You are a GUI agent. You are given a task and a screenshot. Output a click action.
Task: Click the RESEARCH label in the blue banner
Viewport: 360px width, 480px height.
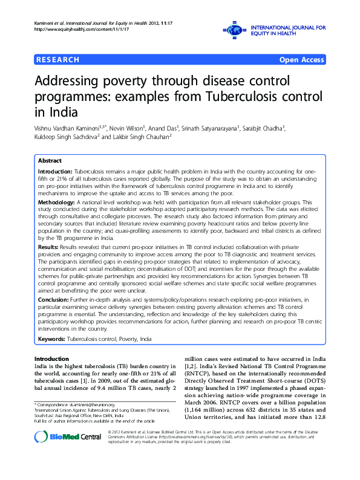(x=57, y=60)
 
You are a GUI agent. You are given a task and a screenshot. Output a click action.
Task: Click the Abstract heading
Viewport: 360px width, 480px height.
(x=50, y=161)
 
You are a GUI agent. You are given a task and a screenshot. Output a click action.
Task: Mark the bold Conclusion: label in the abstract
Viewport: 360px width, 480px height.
(x=54, y=299)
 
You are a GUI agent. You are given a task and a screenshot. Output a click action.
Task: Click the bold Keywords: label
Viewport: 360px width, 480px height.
(x=52, y=340)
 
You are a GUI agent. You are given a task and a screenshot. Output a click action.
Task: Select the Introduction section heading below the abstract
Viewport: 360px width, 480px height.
(x=52, y=359)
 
